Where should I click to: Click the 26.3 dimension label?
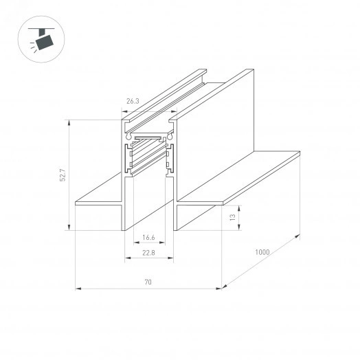pyautogui.click(x=133, y=101)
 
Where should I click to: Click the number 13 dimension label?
pyautogui.click(x=232, y=216)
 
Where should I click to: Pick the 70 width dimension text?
pyautogui.click(x=148, y=282)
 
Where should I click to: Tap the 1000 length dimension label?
pyautogui.click(x=261, y=251)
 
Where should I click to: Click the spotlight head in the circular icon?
pyautogui.click(x=46, y=43)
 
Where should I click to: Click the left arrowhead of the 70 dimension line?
pyautogui.click(x=76, y=288)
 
